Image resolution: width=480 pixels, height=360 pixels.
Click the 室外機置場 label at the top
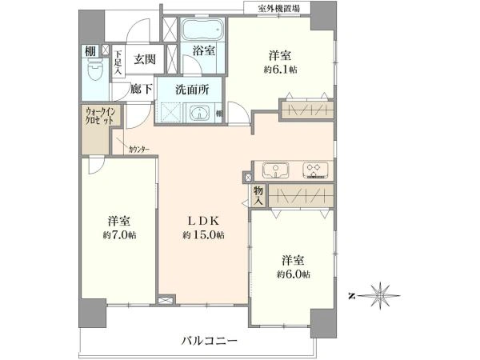coord(278,7)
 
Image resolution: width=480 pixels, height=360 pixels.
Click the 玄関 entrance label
coord(145,58)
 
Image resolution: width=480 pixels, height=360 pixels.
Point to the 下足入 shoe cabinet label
coord(118,62)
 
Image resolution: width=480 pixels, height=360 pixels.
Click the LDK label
coord(203,220)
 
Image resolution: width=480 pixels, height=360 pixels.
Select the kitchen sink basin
coord(274,171)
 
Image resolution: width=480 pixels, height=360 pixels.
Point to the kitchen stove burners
coord(314,171)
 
